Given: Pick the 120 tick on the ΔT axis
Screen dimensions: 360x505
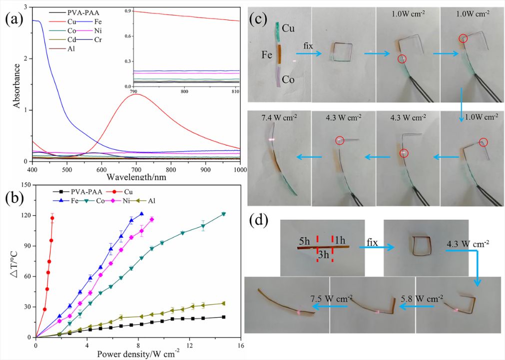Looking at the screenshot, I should [x=25, y=215].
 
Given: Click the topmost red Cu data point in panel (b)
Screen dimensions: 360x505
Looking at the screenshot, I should [x=52, y=218].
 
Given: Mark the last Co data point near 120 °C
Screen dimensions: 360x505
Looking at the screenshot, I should [x=223, y=214].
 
